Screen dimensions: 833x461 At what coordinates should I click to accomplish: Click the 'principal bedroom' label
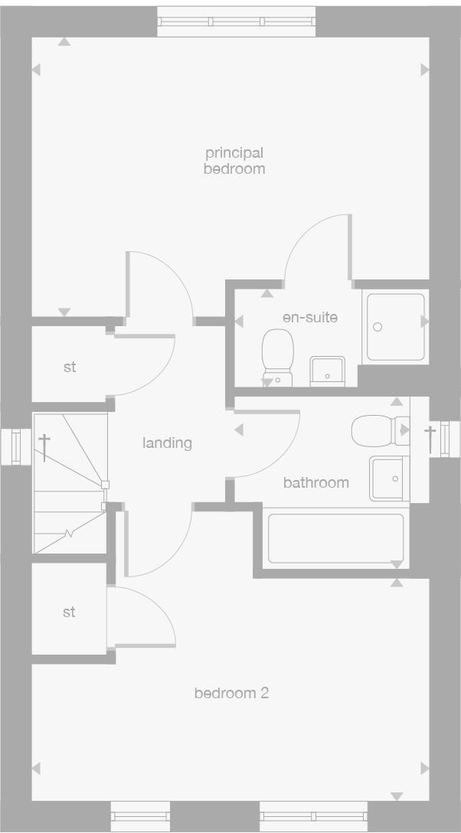pos(234,161)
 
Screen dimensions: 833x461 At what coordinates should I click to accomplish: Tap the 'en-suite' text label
pos(309,317)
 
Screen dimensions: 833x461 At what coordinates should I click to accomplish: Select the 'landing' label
pos(167,443)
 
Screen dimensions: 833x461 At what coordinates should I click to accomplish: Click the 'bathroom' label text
pos(316,482)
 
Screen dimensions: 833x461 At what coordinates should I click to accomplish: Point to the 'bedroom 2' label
pos(231,694)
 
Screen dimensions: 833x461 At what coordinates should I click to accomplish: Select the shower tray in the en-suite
pos(395,326)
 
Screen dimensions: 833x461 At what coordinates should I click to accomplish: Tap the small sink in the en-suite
pos(327,371)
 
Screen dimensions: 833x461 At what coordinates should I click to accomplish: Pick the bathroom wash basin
pos(388,479)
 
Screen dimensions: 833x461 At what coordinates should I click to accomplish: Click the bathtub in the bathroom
pos(334,538)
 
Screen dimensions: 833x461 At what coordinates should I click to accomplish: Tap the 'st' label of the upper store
pos(70,367)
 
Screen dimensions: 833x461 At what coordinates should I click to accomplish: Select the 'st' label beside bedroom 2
pos(69,612)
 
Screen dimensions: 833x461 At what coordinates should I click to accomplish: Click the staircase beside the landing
pos(69,482)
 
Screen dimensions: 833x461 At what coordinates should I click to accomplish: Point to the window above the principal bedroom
pos(236,23)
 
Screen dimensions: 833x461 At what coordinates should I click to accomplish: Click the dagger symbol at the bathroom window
pos(430,438)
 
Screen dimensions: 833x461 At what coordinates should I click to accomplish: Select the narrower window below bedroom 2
pos(140,815)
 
